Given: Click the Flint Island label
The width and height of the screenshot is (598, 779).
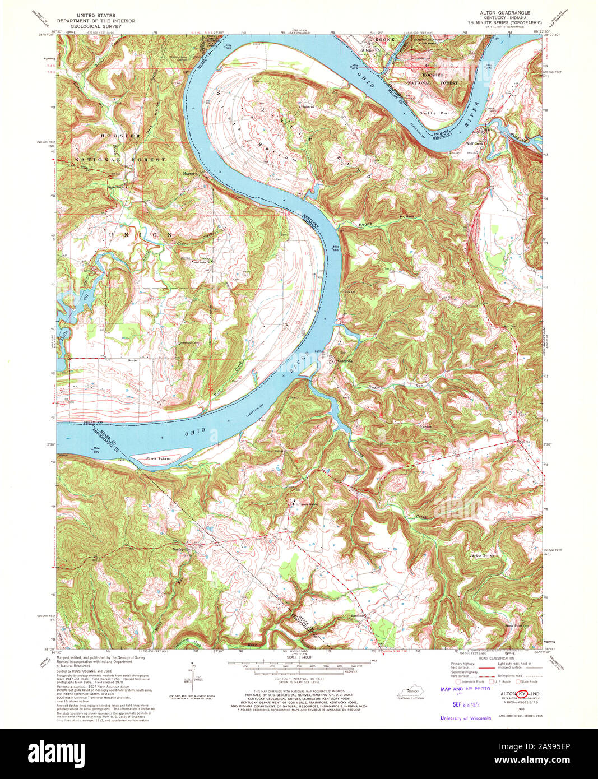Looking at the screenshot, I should tap(159, 458).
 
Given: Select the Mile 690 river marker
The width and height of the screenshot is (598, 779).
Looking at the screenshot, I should tap(96, 449).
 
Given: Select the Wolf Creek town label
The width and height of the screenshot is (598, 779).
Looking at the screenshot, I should tap(482, 144).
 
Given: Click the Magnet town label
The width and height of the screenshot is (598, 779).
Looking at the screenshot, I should tap(189, 173).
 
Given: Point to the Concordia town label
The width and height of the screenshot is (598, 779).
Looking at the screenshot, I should tap(344, 361).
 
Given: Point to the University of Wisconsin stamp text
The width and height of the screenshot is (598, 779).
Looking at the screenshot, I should tap(465, 718).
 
